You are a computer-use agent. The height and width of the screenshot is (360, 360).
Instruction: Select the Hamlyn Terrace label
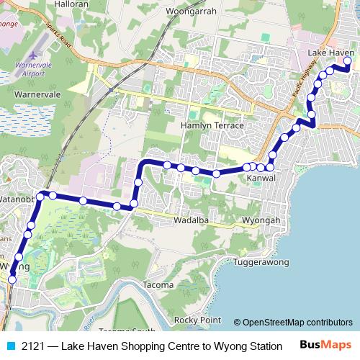click(x=212, y=125)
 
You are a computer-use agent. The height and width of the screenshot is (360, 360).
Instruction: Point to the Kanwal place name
click(x=261, y=177)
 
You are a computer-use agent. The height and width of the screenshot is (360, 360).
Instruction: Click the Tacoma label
click(x=158, y=284)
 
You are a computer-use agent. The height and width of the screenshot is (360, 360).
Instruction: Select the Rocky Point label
click(x=197, y=319)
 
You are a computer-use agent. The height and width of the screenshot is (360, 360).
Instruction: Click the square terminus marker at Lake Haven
click(x=347, y=61)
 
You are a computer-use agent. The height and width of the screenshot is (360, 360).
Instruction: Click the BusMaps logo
click(x=325, y=344)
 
